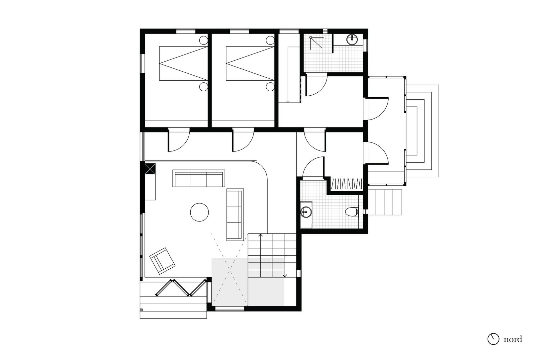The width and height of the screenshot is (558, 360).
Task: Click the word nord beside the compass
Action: pyautogui.click(x=513, y=339)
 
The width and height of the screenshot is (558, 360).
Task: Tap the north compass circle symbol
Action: pyautogui.click(x=493, y=339)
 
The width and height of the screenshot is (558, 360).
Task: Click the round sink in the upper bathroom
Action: pyautogui.click(x=352, y=40)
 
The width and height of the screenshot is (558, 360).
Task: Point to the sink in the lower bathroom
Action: pyautogui.click(x=306, y=212)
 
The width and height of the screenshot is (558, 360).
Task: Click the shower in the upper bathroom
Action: pyautogui.click(x=318, y=44)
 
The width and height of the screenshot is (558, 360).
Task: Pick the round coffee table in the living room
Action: pyautogui.click(x=199, y=212)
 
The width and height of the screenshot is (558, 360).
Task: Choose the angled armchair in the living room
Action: pyautogui.click(x=162, y=261)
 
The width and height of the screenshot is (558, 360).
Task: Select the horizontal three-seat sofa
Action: pyautogui.click(x=199, y=178)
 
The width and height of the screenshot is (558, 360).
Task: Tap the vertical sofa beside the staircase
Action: pyautogui.click(x=235, y=215)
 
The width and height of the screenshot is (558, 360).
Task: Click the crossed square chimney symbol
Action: pyautogui.click(x=150, y=169)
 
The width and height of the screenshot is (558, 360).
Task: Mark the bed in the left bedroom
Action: pyautogui.click(x=183, y=63)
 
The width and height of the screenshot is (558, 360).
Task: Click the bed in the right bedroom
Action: pyautogui.click(x=250, y=63)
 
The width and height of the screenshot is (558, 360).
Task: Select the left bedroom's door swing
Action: pyautogui.click(x=179, y=140)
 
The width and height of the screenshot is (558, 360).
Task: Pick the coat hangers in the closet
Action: pyautogui.click(x=346, y=184)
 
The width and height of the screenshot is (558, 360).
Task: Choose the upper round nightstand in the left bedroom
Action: pyautogui.click(x=204, y=40)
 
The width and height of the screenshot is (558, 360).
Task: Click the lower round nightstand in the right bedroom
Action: pyautogui.click(x=270, y=87)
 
